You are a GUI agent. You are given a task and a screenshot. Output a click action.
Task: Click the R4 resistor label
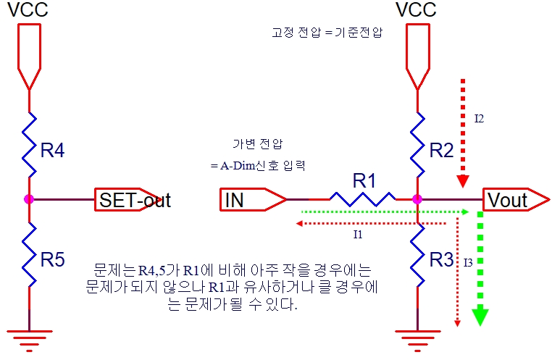(52, 151)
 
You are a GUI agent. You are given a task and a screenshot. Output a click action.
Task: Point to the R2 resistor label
(441, 151)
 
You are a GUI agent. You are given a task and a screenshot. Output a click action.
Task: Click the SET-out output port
(135, 199)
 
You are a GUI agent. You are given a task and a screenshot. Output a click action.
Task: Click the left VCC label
(28, 10)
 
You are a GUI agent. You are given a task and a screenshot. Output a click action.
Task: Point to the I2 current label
(479, 118)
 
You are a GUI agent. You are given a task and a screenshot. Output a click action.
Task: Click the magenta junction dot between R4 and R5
(29, 198)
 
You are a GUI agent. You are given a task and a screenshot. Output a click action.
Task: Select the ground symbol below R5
(29, 336)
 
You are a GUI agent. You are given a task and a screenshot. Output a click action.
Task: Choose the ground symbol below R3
(418, 336)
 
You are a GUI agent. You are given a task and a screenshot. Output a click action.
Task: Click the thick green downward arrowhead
(480, 317)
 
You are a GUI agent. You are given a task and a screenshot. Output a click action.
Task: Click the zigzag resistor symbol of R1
(362, 198)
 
